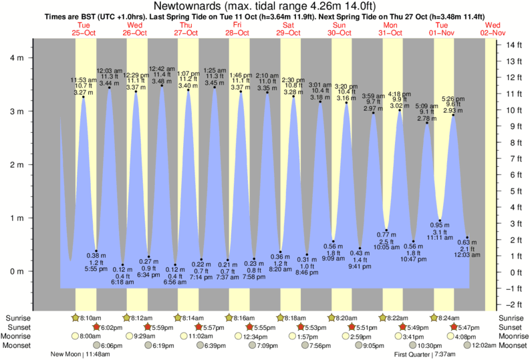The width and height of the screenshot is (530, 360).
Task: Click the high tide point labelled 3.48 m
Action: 162,85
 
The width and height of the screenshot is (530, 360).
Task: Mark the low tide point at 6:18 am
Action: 122,264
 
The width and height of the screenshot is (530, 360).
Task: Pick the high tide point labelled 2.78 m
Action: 427,123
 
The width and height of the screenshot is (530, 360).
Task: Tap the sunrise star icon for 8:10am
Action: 76,318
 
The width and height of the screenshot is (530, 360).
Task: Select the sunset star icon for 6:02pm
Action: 97,327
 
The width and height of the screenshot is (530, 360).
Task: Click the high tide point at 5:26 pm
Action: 453,115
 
